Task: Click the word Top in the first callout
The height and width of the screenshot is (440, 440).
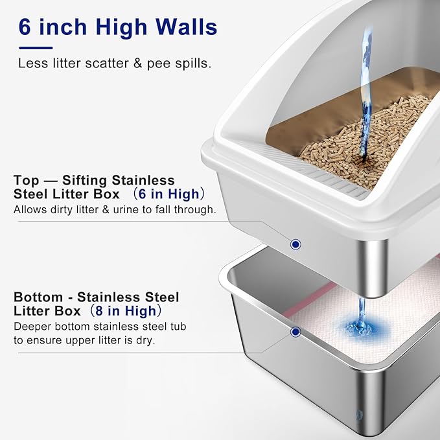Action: [26, 179]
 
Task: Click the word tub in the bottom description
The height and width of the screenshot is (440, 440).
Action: [177, 326]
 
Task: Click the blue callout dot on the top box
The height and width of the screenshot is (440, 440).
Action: [295, 244]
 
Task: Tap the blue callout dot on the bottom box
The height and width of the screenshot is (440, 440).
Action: [295, 332]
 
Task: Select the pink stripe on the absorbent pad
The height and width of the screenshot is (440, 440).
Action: [311, 298]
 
